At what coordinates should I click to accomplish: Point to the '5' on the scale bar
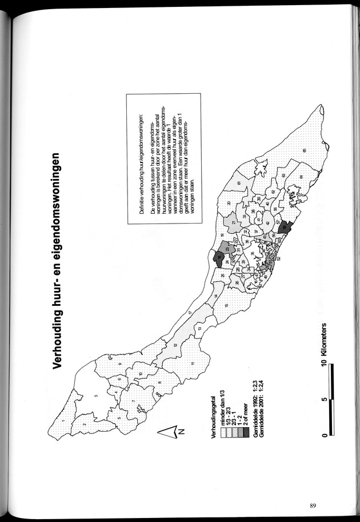(x=323, y=399)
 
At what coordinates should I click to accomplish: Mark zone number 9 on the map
(x=121, y=365)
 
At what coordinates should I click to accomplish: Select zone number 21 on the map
(x=234, y=222)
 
